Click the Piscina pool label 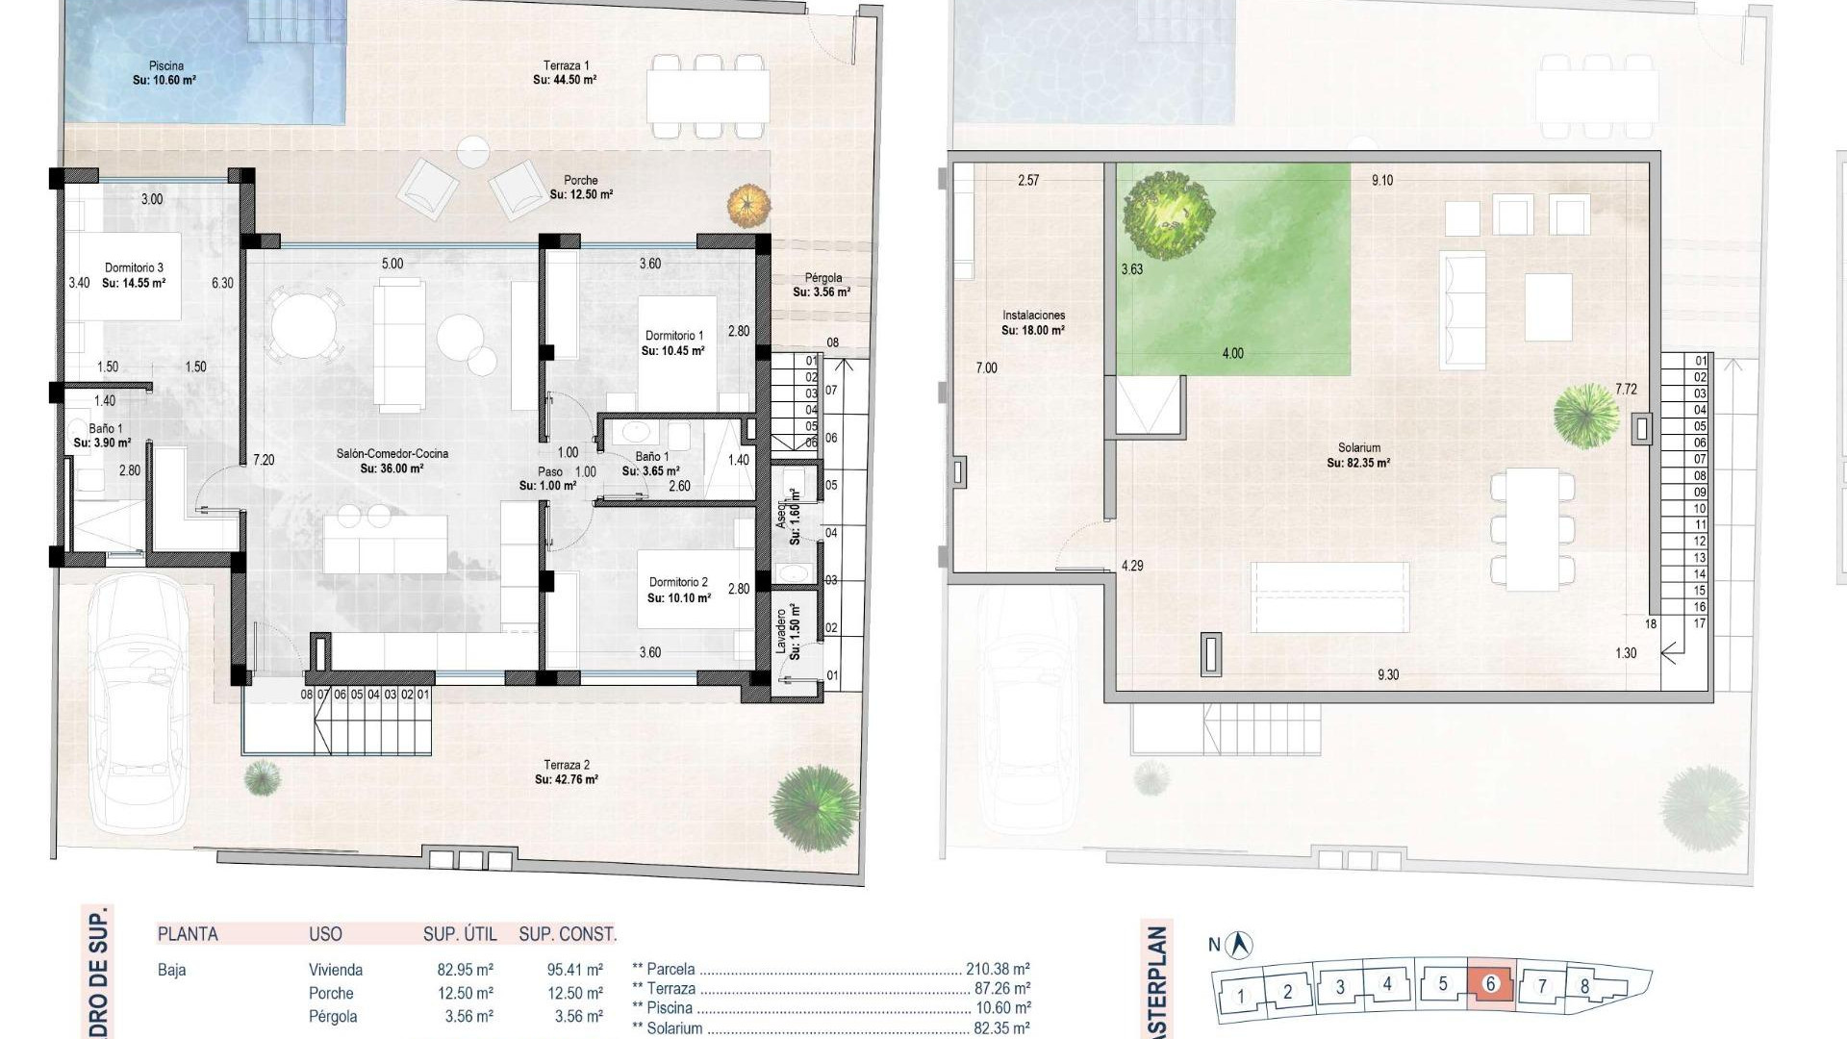[x=166, y=66]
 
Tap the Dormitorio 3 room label [x=134, y=268]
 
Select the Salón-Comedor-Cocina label [x=392, y=454]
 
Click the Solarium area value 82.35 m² [x=1358, y=463]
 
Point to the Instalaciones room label [x=1033, y=316]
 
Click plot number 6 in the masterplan [x=1491, y=984]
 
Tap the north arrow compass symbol [x=1242, y=945]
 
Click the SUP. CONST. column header [x=568, y=934]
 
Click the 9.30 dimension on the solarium [x=1387, y=675]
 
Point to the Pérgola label [x=823, y=278]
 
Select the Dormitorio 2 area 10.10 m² [x=679, y=598]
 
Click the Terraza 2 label [x=567, y=765]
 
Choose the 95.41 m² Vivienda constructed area [x=574, y=971]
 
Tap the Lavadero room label [x=781, y=630]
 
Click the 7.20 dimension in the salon [x=264, y=461]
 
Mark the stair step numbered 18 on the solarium [x=1651, y=624]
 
